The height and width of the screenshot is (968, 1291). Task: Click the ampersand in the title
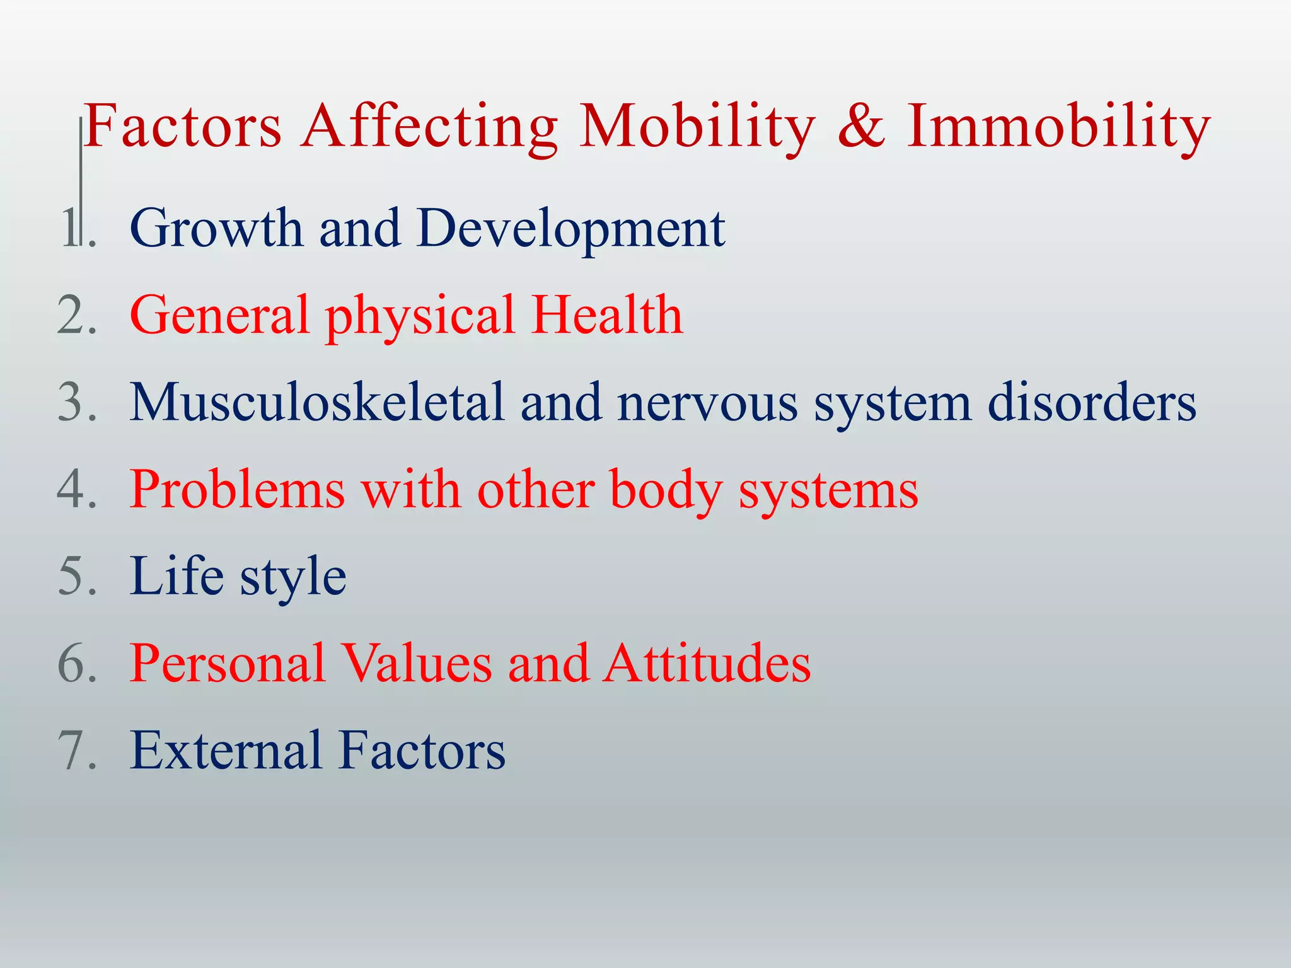point(862,126)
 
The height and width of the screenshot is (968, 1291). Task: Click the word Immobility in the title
point(1058,126)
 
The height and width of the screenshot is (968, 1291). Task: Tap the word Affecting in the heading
point(429,126)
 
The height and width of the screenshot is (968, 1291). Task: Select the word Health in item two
point(607,314)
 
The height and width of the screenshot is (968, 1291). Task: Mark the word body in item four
point(666,489)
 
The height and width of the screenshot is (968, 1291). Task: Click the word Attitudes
point(707,663)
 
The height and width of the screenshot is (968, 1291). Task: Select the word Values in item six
point(416,663)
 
